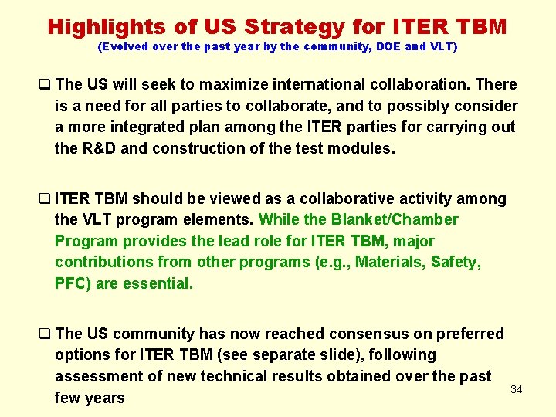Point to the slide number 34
click(x=517, y=389)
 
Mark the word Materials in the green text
click(x=381, y=263)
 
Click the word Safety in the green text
click(x=454, y=263)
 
